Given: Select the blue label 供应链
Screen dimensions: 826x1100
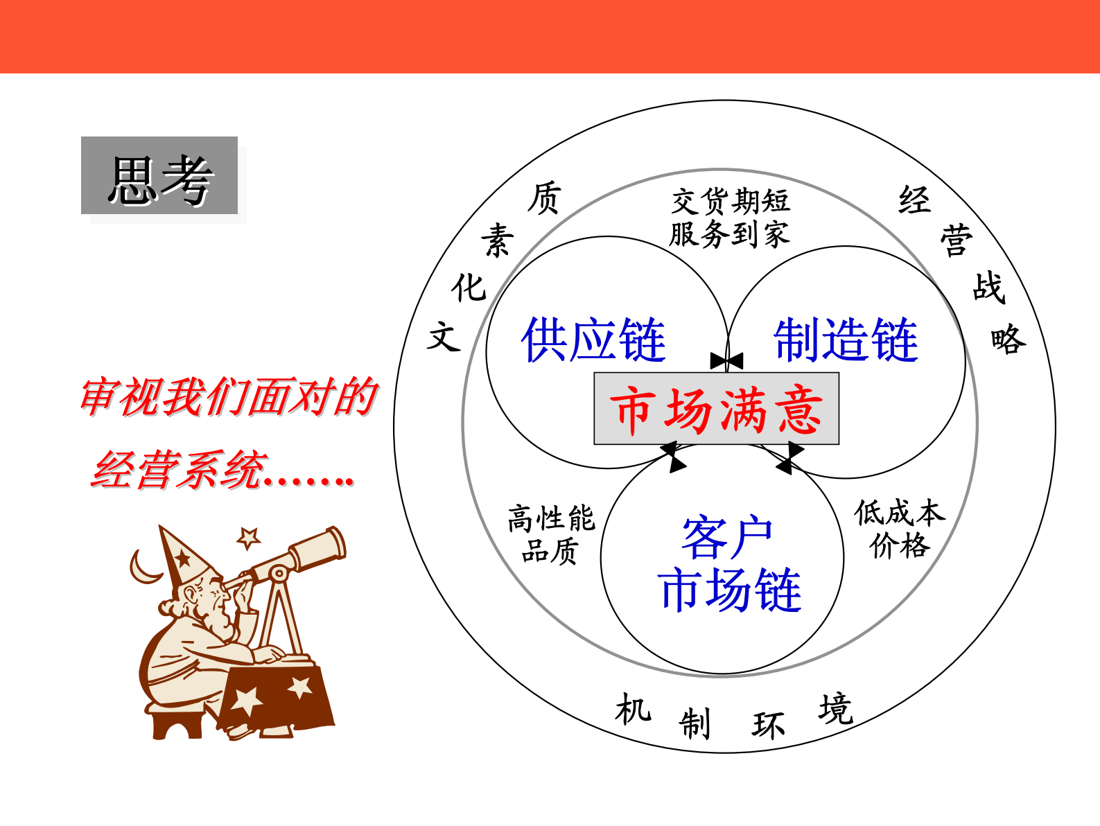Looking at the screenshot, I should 593,340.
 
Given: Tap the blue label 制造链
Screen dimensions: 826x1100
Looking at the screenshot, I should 846,340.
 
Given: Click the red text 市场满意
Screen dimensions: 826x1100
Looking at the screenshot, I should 716,410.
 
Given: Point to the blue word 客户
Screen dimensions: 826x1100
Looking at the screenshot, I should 726,537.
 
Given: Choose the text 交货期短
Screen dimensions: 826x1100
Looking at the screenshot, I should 731,202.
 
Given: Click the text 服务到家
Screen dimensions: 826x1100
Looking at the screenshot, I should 729,234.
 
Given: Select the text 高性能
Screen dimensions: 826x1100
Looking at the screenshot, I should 551,518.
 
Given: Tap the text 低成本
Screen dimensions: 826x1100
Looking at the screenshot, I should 899,513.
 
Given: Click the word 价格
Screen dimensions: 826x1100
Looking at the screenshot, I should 899,545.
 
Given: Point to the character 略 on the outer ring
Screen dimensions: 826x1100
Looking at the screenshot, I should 1008,340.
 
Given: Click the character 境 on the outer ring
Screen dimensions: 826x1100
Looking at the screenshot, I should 835,709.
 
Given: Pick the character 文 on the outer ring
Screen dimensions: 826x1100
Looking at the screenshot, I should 444,337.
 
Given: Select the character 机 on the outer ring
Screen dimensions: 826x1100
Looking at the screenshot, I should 632,710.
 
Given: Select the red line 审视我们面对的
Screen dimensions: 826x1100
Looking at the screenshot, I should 229,397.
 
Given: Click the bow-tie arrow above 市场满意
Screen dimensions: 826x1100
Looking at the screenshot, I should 726,360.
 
